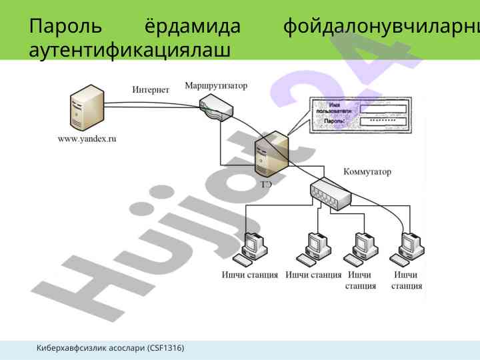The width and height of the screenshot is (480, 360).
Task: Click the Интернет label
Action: point(151,90)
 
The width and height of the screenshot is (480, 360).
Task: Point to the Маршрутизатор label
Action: point(215,86)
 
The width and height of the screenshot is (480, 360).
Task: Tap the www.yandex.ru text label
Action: point(87,139)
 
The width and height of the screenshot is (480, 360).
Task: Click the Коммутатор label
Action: point(367,171)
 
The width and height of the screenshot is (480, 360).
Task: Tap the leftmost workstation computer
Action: point(254,248)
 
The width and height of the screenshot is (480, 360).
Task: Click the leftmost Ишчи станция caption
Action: point(250,275)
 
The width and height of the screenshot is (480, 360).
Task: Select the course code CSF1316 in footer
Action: point(165,348)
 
